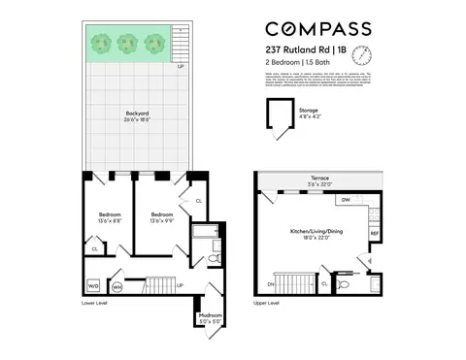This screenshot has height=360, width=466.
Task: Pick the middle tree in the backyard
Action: (x=126, y=43)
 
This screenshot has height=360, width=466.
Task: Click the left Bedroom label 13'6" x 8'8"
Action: (x=109, y=216)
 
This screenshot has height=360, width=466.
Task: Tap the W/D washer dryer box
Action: (x=94, y=286)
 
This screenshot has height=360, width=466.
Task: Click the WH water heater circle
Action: (x=116, y=286)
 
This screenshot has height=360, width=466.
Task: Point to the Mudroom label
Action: (x=210, y=315)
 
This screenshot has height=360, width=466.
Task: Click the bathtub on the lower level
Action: (x=205, y=233)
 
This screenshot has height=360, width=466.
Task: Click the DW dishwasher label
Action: (x=346, y=200)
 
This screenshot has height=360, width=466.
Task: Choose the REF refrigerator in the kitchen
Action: (x=374, y=234)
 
